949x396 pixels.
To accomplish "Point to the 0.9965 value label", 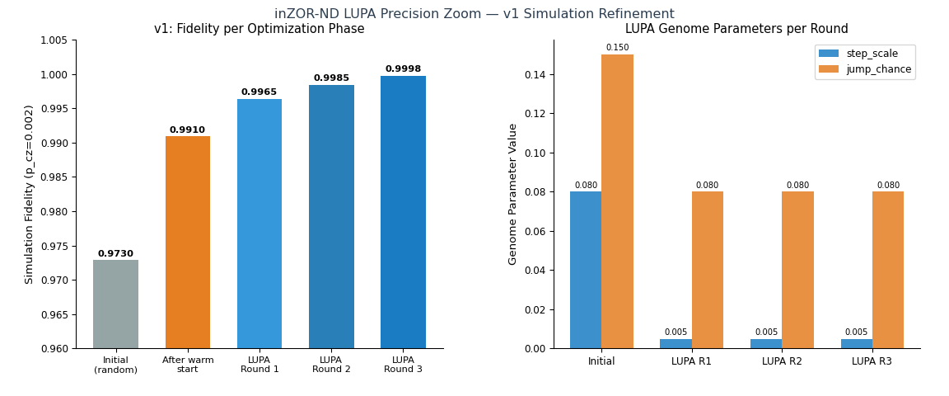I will [x=259, y=92].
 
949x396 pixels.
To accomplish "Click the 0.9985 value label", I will [x=331, y=78].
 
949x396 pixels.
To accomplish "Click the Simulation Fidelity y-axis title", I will [x=30, y=194].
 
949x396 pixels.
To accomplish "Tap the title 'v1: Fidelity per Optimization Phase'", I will [x=259, y=29].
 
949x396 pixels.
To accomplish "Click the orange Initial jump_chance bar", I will [x=617, y=201].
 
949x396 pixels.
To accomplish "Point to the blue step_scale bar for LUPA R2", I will [x=766, y=343].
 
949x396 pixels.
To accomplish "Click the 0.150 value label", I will [x=617, y=48].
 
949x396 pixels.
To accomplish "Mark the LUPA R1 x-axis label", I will [x=691, y=361].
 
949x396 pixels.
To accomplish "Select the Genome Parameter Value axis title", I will [x=513, y=194].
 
